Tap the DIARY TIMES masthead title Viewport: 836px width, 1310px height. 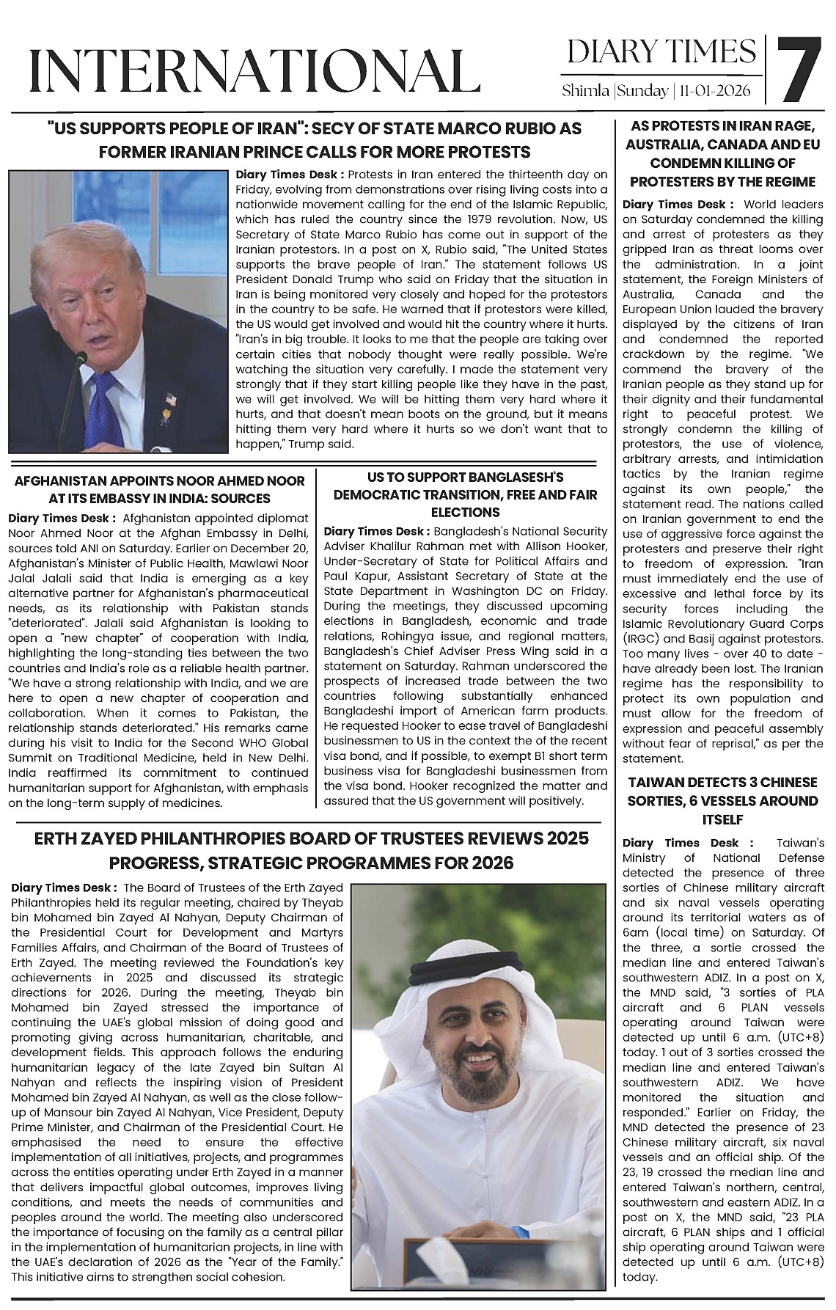[661, 51]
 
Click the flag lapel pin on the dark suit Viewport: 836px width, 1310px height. [172, 400]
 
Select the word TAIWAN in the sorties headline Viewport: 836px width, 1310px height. [653, 783]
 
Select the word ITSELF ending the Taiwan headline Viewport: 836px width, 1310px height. [722, 819]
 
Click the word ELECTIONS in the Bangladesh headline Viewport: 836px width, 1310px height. [465, 512]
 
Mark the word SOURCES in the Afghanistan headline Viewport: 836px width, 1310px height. [240, 499]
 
